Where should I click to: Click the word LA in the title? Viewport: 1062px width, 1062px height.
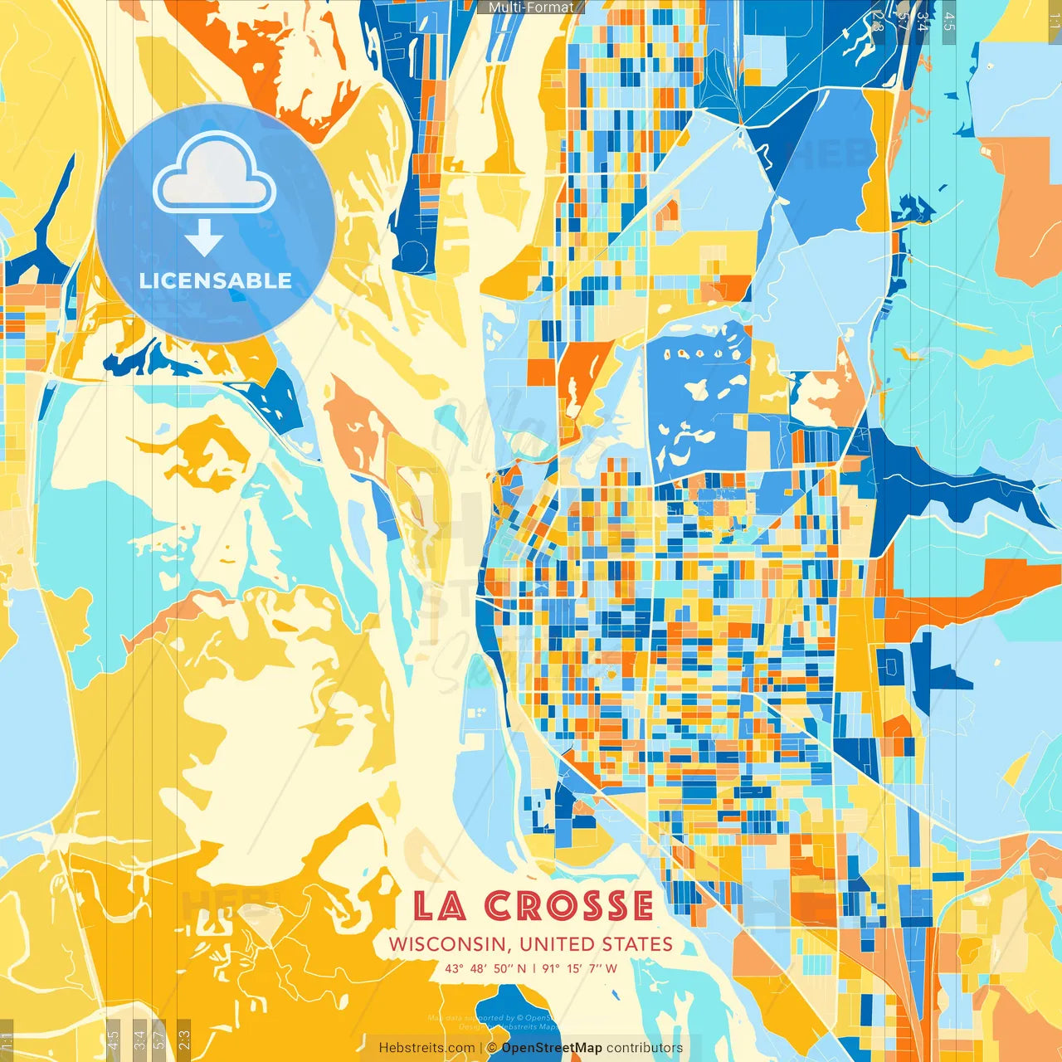pyautogui.click(x=439, y=905)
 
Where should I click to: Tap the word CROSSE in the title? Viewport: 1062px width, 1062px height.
pyautogui.click(x=569, y=905)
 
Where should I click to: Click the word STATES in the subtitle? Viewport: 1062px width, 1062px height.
pyautogui.click(x=638, y=944)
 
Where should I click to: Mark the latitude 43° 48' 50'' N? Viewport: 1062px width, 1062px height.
pyautogui.click(x=485, y=968)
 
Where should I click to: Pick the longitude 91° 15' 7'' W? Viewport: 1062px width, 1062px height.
pyautogui.click(x=580, y=968)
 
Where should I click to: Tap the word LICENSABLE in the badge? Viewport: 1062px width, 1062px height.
pyautogui.click(x=216, y=280)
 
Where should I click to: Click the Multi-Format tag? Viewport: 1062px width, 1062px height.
pyautogui.click(x=531, y=7)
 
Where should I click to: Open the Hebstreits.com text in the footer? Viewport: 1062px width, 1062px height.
pyautogui.click(x=426, y=1048)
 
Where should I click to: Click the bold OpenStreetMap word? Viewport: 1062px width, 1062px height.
pyautogui.click(x=552, y=1048)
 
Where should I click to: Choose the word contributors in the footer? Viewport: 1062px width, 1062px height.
pyautogui.click(x=645, y=1048)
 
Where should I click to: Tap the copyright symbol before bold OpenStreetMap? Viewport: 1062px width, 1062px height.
pyautogui.click(x=492, y=1048)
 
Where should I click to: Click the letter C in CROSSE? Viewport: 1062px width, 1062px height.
pyautogui.click(x=501, y=905)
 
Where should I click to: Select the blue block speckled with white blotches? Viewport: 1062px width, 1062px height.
pyautogui.click(x=697, y=398)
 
